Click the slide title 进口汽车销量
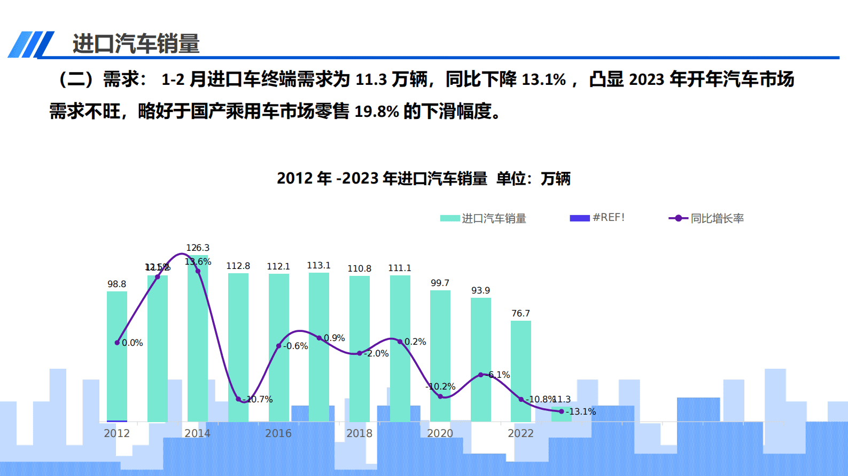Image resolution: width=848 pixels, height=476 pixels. pyautogui.click(x=136, y=44)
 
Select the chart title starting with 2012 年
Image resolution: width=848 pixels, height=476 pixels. pyautogui.click(x=423, y=178)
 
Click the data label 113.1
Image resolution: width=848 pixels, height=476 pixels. pyautogui.click(x=318, y=265)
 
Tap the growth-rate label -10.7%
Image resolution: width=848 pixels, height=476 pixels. pyautogui.click(x=258, y=399)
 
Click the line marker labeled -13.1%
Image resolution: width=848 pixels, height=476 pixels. pyautogui.click(x=561, y=411)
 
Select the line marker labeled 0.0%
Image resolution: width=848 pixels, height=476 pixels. pyautogui.click(x=117, y=343)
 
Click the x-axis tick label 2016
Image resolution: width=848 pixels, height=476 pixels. pyautogui.click(x=278, y=433)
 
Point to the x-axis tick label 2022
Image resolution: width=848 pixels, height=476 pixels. pyautogui.click(x=520, y=433)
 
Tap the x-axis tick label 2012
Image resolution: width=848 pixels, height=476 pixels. pyautogui.click(x=116, y=433)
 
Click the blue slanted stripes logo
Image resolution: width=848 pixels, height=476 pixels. pyautogui.click(x=31, y=44)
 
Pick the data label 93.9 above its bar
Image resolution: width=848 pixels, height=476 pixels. pyautogui.click(x=480, y=290)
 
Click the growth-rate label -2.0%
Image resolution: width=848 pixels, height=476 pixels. pyautogui.click(x=377, y=353)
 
